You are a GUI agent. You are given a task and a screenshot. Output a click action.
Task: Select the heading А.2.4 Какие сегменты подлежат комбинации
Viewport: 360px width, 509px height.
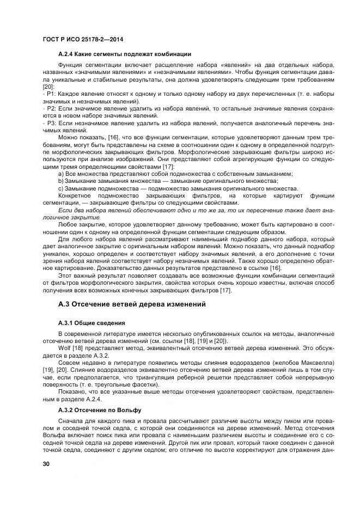point(124,54)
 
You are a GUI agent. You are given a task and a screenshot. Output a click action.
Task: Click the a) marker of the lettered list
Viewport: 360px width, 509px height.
point(60,174)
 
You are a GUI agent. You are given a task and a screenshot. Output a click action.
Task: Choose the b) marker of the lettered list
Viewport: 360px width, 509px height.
point(60,181)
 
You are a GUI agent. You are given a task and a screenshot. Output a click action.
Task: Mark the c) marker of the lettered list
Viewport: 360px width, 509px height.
point(60,188)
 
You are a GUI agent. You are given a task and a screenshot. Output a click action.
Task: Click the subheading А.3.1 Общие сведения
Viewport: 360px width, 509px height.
point(91,323)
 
